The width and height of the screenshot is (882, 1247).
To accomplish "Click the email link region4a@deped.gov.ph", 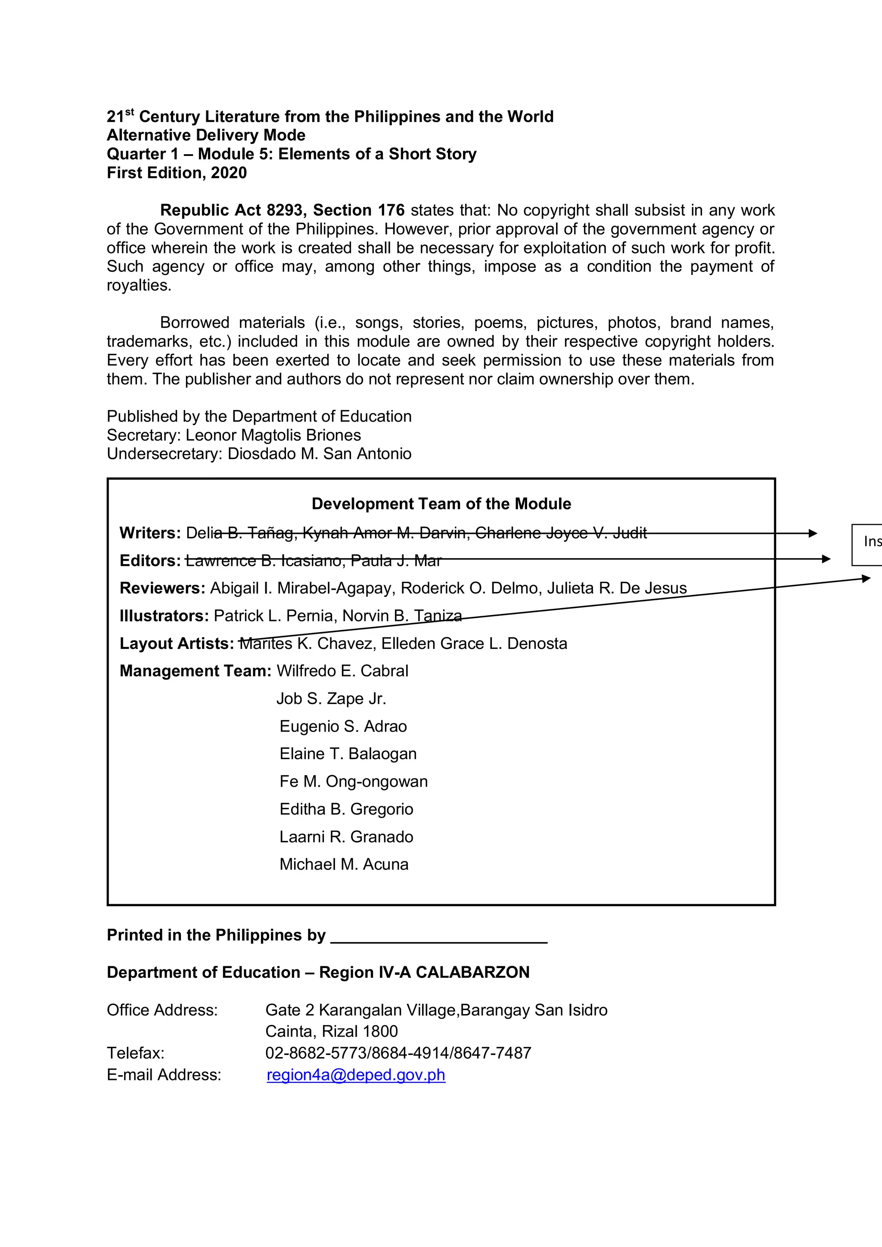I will pyautogui.click(x=356, y=1075).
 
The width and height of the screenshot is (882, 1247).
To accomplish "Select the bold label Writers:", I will pyautogui.click(x=150, y=533).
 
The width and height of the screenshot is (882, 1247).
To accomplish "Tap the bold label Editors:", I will pyautogui.click(x=150, y=561).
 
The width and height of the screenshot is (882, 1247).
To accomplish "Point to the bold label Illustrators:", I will pyautogui.click(x=164, y=615).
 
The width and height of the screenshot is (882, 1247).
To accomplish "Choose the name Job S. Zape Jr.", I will pyautogui.click(x=331, y=698).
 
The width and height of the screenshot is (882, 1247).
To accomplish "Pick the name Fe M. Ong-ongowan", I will pyautogui.click(x=354, y=781).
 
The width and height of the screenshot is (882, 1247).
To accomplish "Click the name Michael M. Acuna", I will pyautogui.click(x=344, y=864).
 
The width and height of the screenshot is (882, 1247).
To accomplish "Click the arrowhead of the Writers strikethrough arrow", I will pyautogui.click(x=813, y=534).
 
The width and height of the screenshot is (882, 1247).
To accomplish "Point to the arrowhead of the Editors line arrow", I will pyautogui.click(x=826, y=559).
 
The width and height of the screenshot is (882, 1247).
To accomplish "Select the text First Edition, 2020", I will pyautogui.click(x=177, y=173).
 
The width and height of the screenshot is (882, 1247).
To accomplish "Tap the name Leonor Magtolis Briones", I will pyautogui.click(x=273, y=435).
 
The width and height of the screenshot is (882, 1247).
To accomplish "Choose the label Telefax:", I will pyautogui.click(x=135, y=1053).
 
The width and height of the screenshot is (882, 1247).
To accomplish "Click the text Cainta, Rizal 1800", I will pyautogui.click(x=331, y=1031).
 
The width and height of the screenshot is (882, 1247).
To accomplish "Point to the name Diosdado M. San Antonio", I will pyautogui.click(x=320, y=453).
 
